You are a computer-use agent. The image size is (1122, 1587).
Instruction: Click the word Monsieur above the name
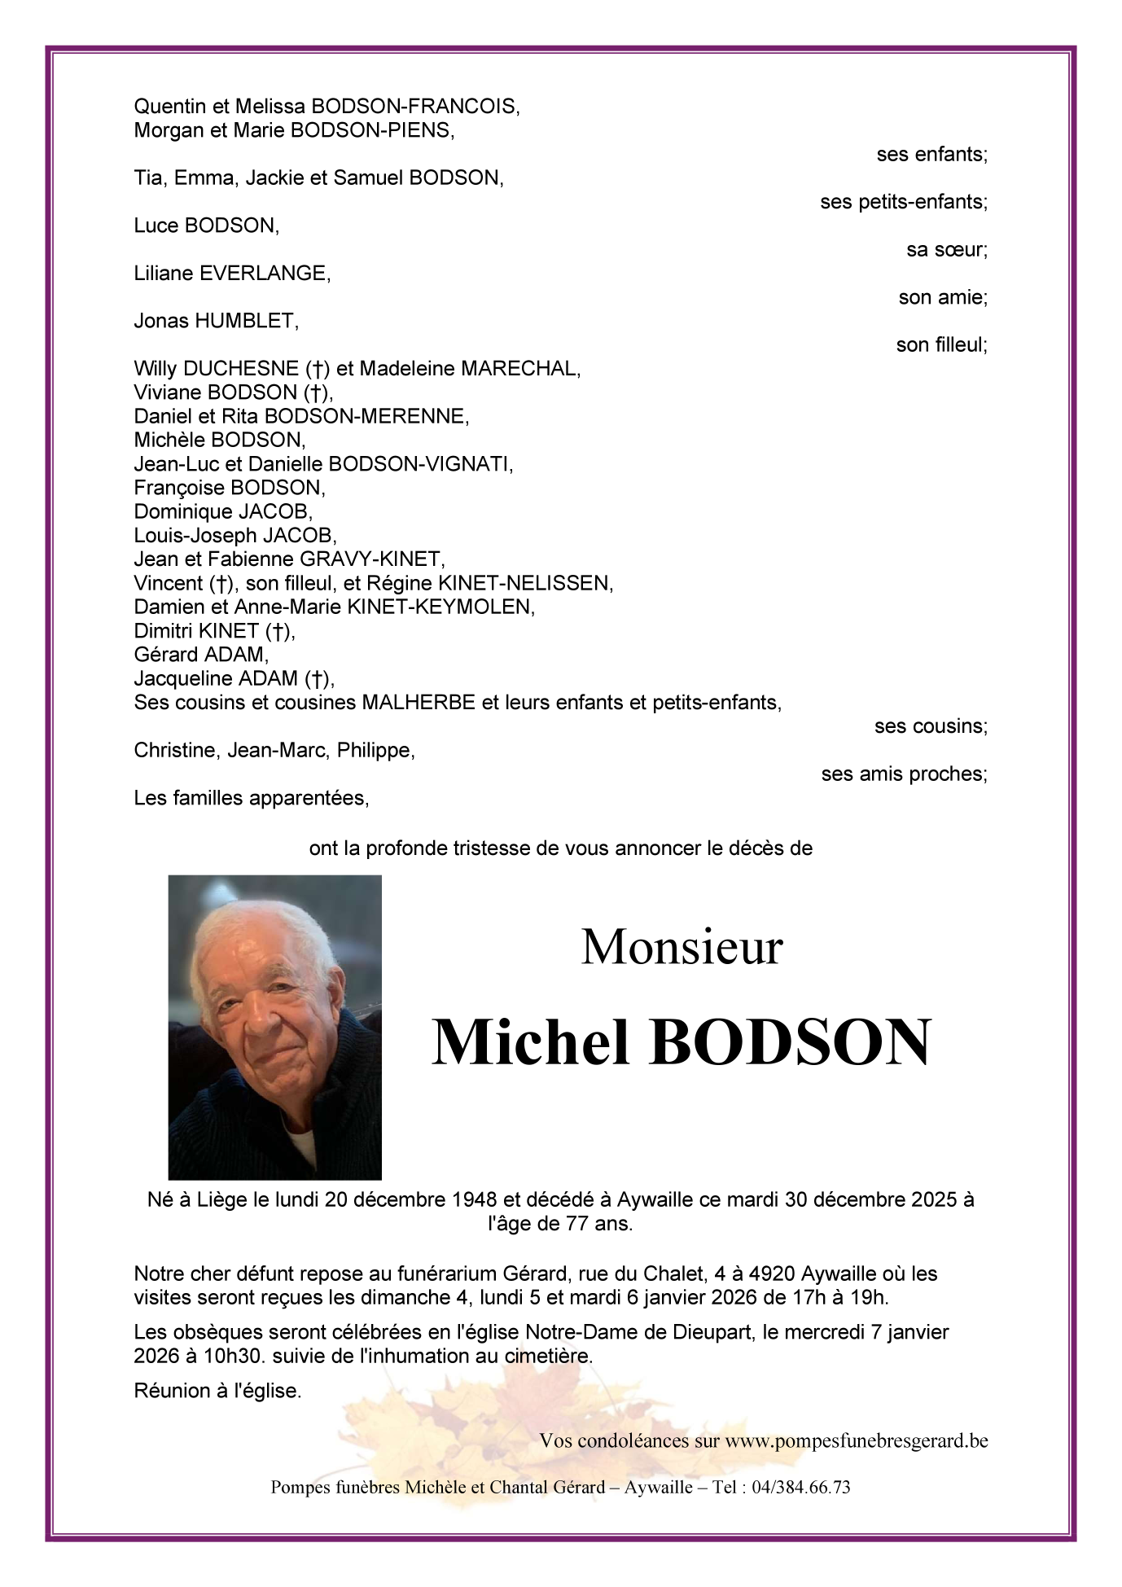pos(682,947)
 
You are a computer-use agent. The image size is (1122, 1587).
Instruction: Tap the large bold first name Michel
pos(531,1042)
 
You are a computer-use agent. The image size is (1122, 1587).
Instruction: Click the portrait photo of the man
pos(274,1027)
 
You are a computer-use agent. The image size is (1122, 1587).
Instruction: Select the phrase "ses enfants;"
pos(931,155)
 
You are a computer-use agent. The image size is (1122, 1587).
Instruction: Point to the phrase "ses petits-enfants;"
pos(903,202)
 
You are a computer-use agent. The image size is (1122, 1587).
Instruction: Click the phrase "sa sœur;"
pos(946,250)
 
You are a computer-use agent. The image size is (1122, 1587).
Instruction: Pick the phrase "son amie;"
pos(942,297)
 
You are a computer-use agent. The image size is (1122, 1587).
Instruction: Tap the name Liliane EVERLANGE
pos(232,274)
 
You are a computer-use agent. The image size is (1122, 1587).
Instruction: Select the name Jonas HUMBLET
pos(216,321)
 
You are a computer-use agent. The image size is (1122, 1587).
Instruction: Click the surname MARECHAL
pos(520,369)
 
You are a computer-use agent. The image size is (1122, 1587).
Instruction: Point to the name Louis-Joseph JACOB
pos(234,536)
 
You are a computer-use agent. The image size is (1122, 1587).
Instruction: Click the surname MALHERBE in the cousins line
pos(418,703)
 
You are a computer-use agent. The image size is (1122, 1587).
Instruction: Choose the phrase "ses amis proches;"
pos(904,774)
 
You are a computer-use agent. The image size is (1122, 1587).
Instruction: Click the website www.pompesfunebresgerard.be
pos(856,1440)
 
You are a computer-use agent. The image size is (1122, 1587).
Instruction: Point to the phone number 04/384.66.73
pos(801,1487)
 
